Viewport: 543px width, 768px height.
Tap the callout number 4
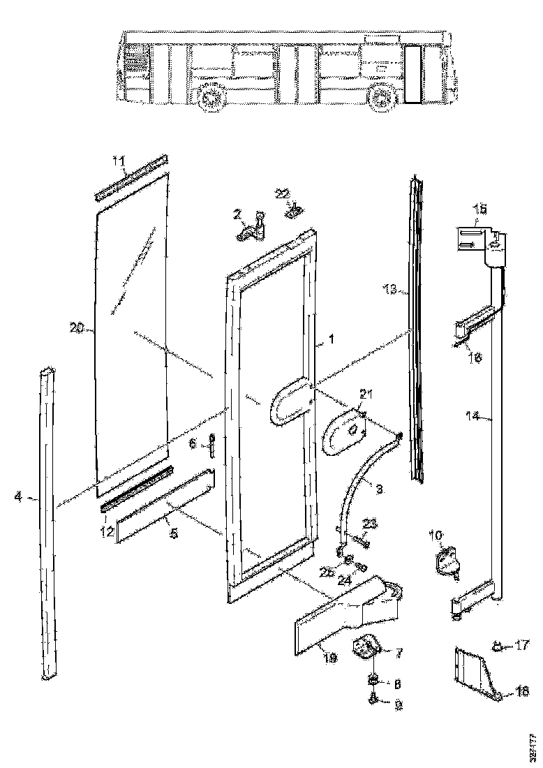[x=17, y=497]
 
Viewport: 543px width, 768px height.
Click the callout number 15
[x=480, y=208]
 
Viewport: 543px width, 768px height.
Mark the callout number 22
[x=283, y=193]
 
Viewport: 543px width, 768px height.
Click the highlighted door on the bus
[x=413, y=74]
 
